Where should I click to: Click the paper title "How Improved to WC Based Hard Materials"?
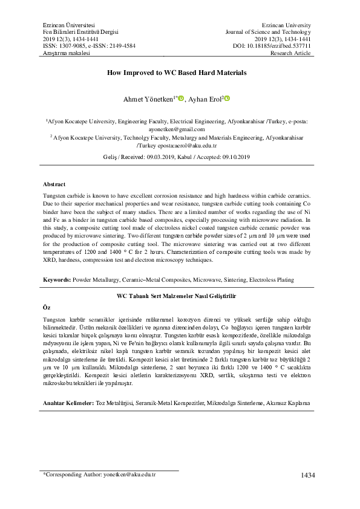coord(177,73)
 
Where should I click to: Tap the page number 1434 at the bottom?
coord(308,475)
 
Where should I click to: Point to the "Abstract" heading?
coord(54,184)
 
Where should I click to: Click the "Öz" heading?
coord(47,307)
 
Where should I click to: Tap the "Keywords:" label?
coord(57,280)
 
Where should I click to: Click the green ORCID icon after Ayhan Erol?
coord(229,99)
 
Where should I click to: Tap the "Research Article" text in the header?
coord(292,53)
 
